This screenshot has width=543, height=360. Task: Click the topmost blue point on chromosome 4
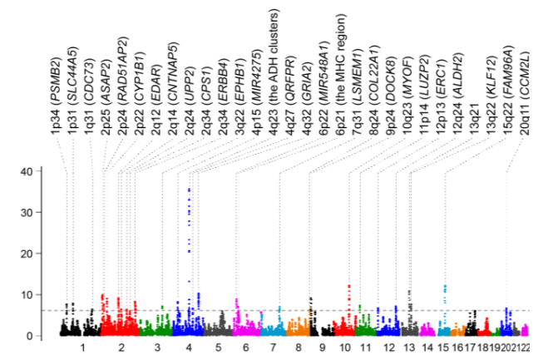pyautogui.click(x=190, y=189)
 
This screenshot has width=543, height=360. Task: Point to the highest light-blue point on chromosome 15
pyautogui.click(x=445, y=286)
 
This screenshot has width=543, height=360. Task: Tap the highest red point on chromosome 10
pyautogui.click(x=348, y=285)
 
